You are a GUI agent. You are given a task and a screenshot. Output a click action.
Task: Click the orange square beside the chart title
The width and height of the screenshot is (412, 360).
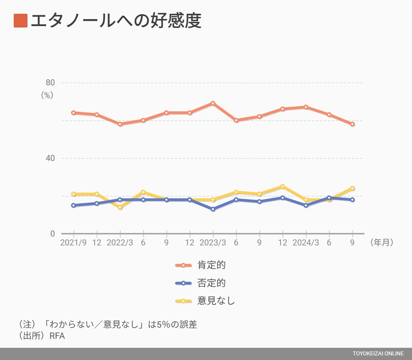tap(21, 21)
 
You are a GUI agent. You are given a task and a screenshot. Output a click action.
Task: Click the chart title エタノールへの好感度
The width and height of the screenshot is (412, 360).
tap(116, 21)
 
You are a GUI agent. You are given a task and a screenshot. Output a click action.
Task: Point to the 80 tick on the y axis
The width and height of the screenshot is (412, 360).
tap(50, 82)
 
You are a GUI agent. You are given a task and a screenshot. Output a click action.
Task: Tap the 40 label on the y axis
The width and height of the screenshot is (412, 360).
tap(50, 158)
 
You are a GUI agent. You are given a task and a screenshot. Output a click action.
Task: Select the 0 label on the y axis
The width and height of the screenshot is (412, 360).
tap(52, 234)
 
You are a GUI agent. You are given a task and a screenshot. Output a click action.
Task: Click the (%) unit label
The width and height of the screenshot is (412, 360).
tap(47, 95)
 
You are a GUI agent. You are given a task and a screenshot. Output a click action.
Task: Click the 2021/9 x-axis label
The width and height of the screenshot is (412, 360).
tap(73, 243)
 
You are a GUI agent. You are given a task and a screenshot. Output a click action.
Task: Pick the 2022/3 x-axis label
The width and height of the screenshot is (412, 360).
tap(120, 243)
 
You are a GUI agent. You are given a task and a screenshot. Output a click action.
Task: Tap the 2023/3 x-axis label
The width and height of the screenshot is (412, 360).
tap(213, 243)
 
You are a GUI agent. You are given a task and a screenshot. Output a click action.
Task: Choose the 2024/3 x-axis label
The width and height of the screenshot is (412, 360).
tap(306, 243)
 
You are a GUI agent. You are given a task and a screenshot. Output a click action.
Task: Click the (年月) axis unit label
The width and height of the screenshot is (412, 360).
tap(382, 243)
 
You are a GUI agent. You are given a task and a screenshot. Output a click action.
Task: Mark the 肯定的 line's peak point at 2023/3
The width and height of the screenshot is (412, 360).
tap(213, 103)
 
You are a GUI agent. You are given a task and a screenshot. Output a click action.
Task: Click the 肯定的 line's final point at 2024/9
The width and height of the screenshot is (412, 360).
tap(352, 124)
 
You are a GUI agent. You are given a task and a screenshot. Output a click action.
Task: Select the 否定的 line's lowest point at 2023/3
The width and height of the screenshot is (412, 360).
tap(213, 209)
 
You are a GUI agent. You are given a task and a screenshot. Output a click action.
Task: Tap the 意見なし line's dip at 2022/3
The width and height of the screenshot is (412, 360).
tap(120, 207)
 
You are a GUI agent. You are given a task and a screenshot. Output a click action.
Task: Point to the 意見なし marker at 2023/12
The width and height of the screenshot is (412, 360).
tap(283, 186)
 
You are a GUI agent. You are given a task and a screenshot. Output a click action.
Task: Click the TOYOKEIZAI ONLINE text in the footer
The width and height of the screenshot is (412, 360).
tap(378, 354)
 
